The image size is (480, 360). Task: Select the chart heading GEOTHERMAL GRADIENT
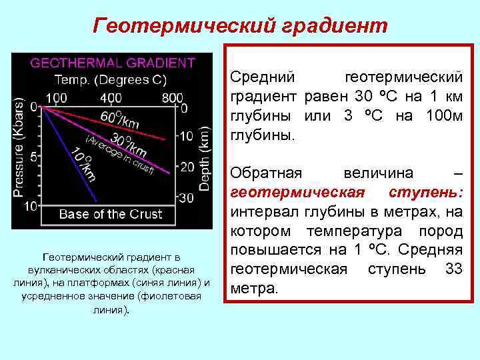(113, 63)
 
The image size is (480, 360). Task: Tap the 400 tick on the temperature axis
(111, 97)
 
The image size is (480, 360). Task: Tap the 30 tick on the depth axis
(187, 197)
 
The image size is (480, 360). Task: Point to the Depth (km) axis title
(206, 153)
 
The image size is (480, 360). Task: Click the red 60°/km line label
(120, 120)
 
